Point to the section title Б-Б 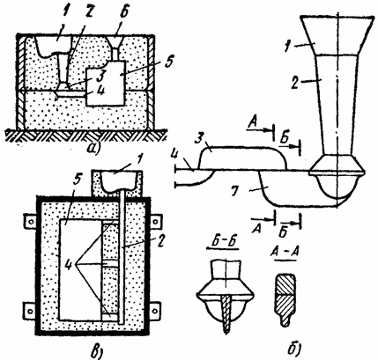click(223, 244)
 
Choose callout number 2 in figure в click(162, 242)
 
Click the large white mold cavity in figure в click(80, 269)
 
